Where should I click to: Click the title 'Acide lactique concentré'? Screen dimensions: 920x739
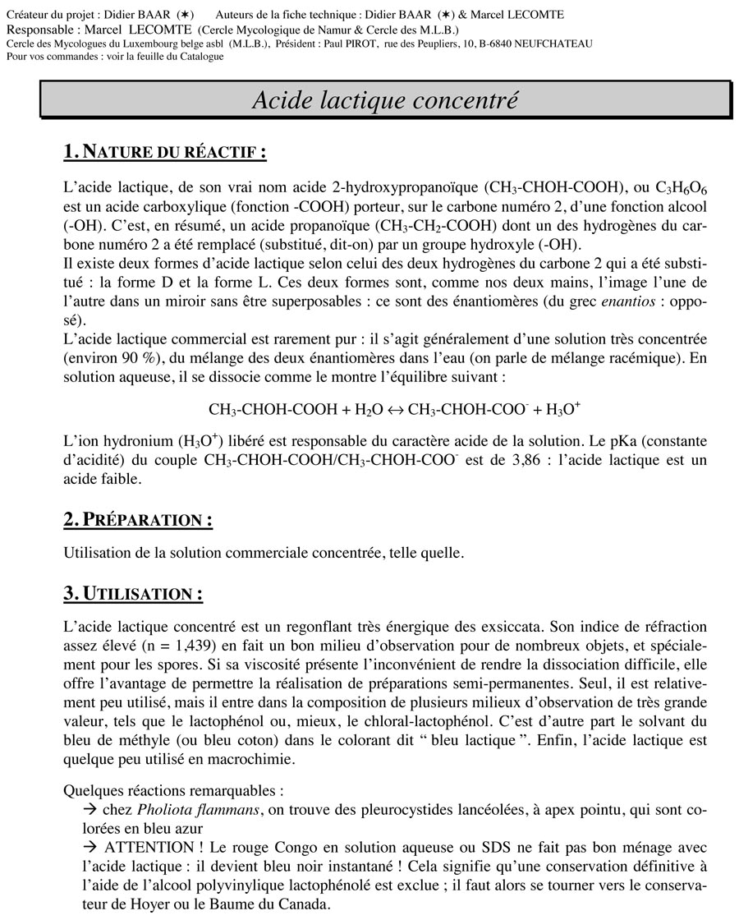tap(384, 100)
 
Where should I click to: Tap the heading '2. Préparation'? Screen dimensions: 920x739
tap(138, 520)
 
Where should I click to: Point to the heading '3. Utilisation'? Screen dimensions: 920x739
tap(133, 593)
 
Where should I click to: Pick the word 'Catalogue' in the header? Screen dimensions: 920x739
tap(195, 56)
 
